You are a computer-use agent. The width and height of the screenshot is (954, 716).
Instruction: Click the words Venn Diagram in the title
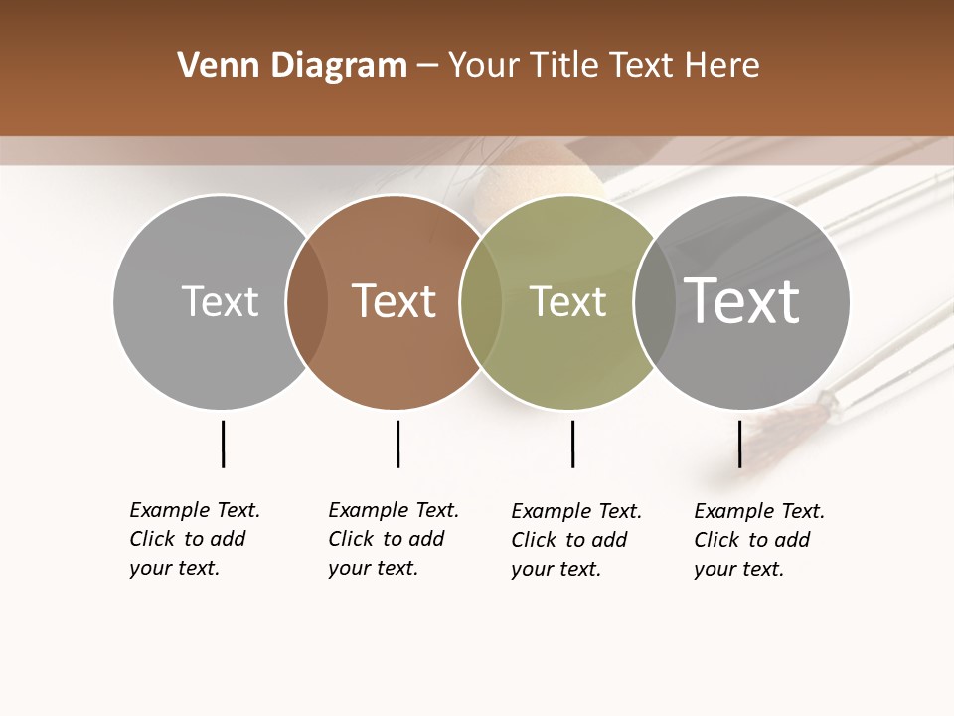(x=292, y=66)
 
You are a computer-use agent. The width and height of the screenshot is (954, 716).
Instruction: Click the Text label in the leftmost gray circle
(x=220, y=301)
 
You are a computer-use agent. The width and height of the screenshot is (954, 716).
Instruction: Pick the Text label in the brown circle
(x=395, y=301)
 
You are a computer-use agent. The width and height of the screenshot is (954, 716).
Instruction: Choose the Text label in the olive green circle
(x=567, y=302)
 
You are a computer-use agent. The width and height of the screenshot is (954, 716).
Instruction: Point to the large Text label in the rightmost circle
(x=741, y=300)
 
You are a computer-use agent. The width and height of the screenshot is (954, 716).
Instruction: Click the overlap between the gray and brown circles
(x=307, y=302)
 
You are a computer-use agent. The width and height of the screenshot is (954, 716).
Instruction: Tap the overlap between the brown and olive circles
(x=481, y=302)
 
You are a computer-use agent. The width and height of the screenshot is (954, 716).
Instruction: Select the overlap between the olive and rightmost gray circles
(x=655, y=302)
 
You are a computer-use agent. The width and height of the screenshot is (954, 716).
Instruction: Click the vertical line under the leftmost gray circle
(x=223, y=444)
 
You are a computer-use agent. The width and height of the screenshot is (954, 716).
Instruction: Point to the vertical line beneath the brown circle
(x=397, y=444)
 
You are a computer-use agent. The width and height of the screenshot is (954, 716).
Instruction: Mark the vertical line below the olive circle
(x=572, y=444)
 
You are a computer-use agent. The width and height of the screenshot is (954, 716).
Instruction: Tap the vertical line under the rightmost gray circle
(x=739, y=444)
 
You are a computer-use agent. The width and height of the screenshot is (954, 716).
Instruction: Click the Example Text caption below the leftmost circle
(x=195, y=539)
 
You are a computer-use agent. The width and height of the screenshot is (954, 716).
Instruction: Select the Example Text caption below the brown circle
(x=394, y=539)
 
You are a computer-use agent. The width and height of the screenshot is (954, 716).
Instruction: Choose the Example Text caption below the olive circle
(x=576, y=540)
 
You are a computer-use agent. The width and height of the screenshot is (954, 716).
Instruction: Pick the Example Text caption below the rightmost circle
(x=759, y=540)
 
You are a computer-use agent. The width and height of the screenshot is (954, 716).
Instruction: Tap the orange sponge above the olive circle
(x=517, y=184)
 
